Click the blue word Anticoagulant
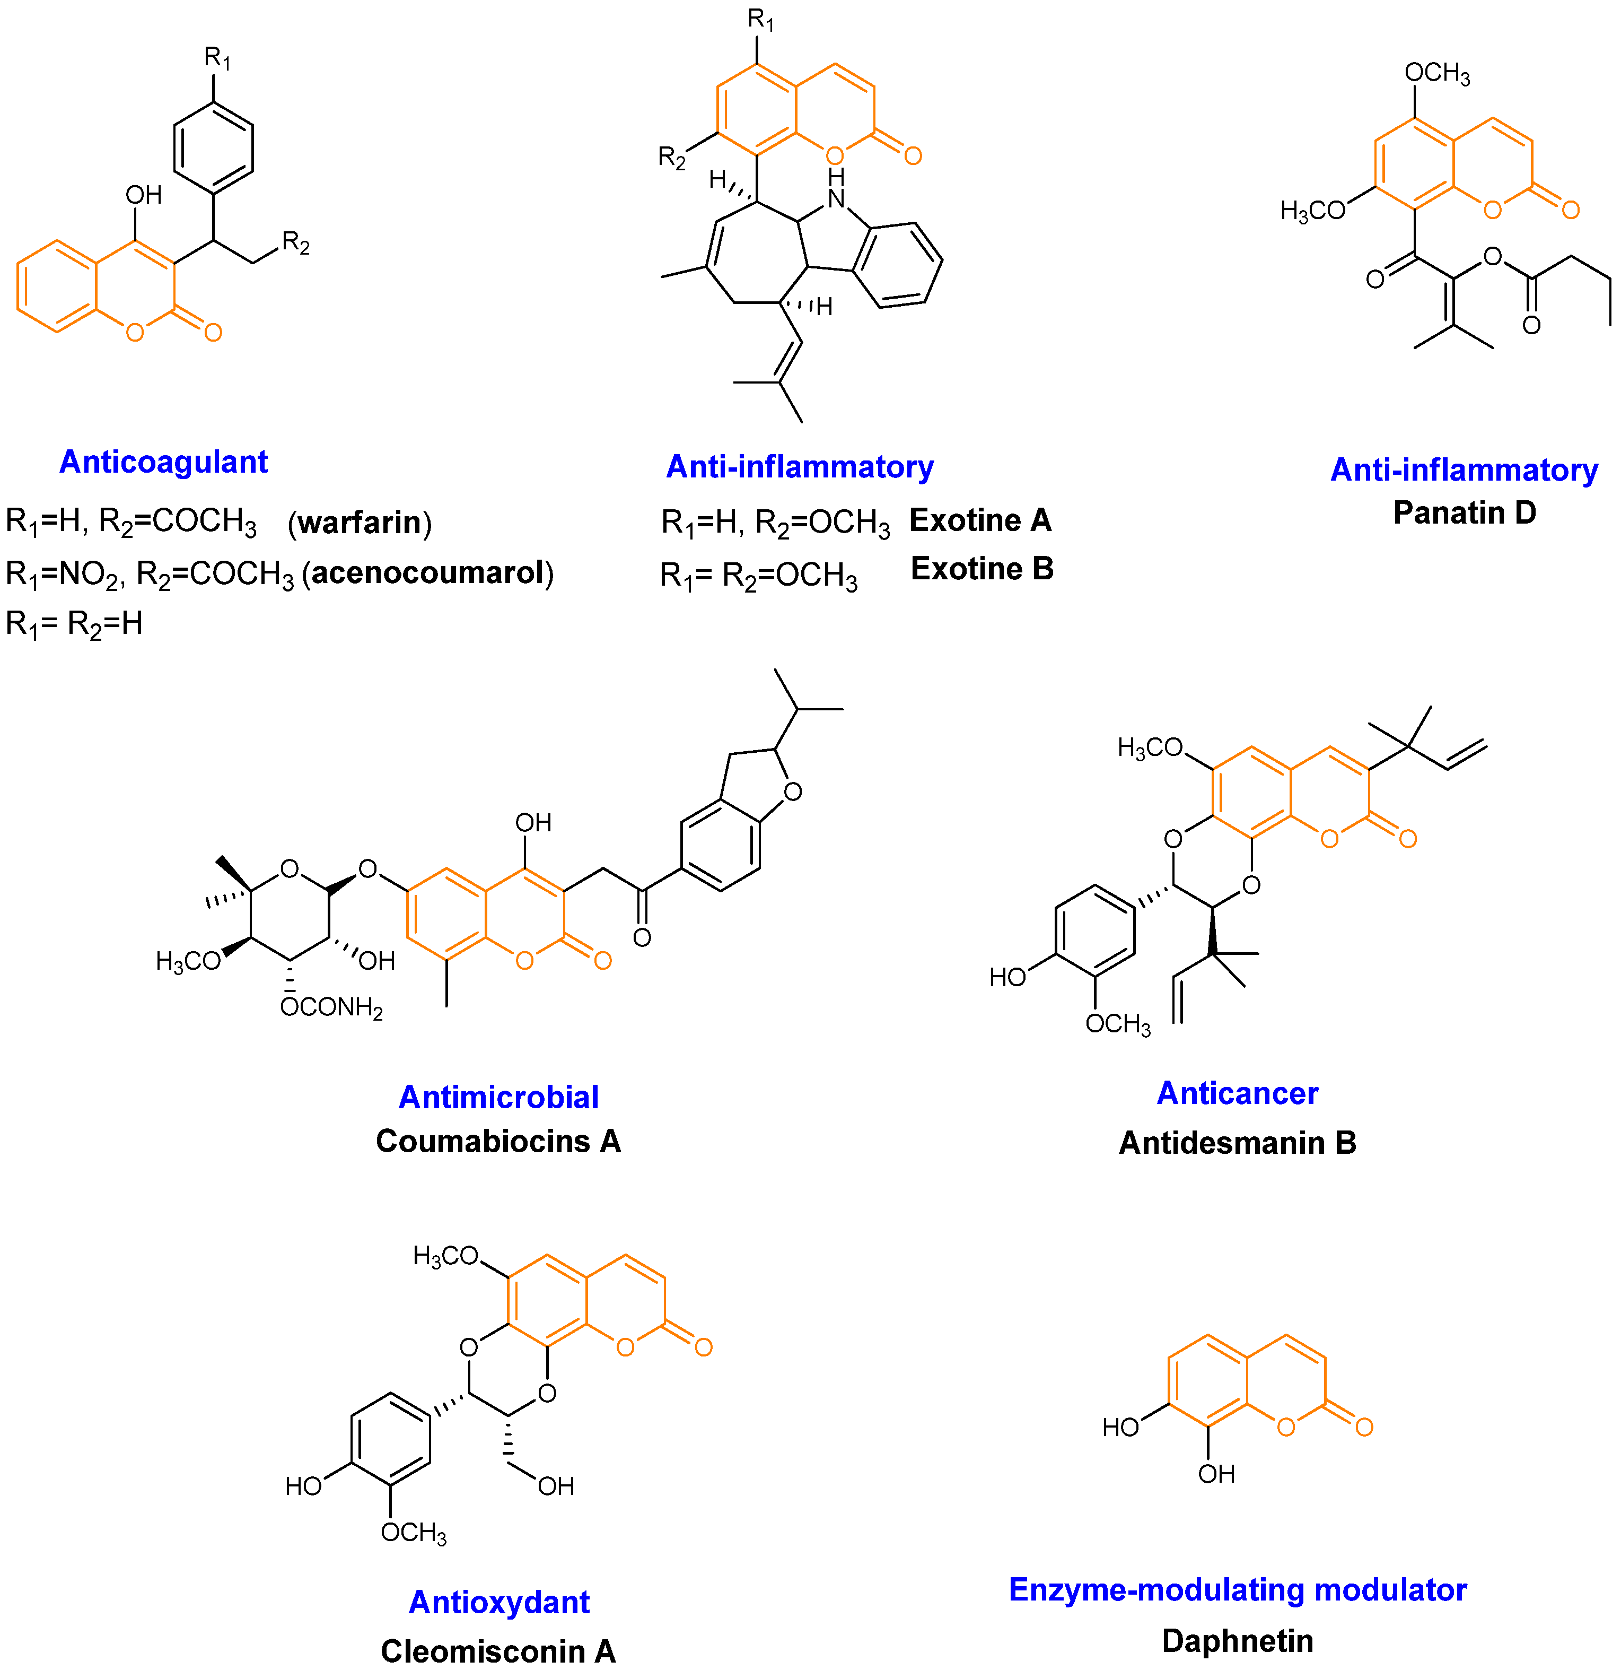pyautogui.click(x=163, y=462)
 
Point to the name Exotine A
pyautogui.click(x=980, y=520)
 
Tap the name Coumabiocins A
pyautogui.click(x=498, y=1141)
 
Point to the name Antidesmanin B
pyautogui.click(x=1237, y=1143)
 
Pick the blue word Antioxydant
pyautogui.click(x=498, y=1602)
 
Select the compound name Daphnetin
pyautogui.click(x=1237, y=1641)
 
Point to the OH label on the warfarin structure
pyautogui.click(x=143, y=195)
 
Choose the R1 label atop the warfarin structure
pyautogui.click(x=217, y=58)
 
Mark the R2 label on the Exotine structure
pyautogui.click(x=671, y=158)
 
